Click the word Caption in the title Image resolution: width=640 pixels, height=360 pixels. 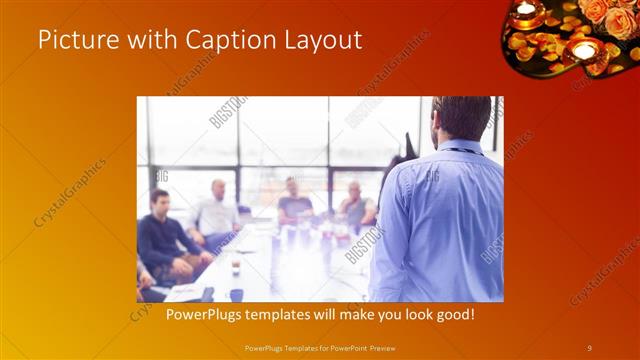pos(222,40)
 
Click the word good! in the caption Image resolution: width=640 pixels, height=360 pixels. pos(453,315)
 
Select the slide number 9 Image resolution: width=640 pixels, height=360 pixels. pos(589,347)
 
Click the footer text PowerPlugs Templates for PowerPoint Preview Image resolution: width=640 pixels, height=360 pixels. pos(319,347)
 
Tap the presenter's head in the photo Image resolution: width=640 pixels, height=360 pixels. pos(463,118)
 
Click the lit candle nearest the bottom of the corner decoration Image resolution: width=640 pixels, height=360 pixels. pos(583,50)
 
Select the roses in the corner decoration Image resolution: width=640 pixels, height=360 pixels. pos(605,14)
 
